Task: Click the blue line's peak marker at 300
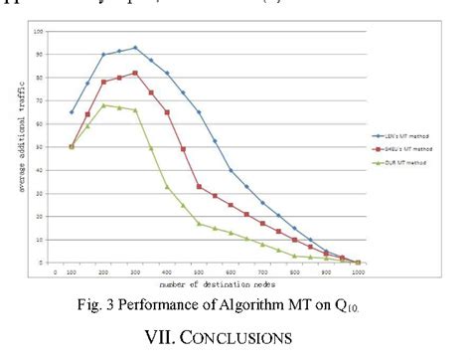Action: tap(135, 47)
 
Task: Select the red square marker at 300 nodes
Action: tap(135, 73)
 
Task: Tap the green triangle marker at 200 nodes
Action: tap(103, 104)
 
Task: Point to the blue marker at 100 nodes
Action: tap(72, 112)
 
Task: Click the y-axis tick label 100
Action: tap(40, 31)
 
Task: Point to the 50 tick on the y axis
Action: tap(41, 147)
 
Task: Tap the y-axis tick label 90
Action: tap(41, 55)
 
